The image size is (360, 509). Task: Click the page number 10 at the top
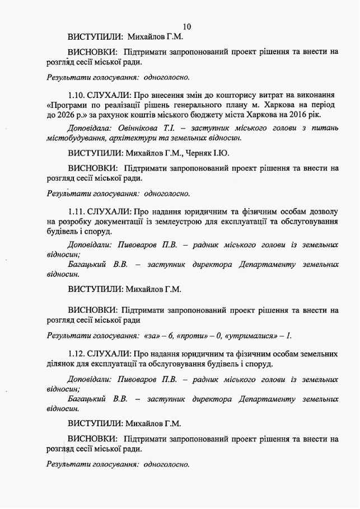[187, 26]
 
